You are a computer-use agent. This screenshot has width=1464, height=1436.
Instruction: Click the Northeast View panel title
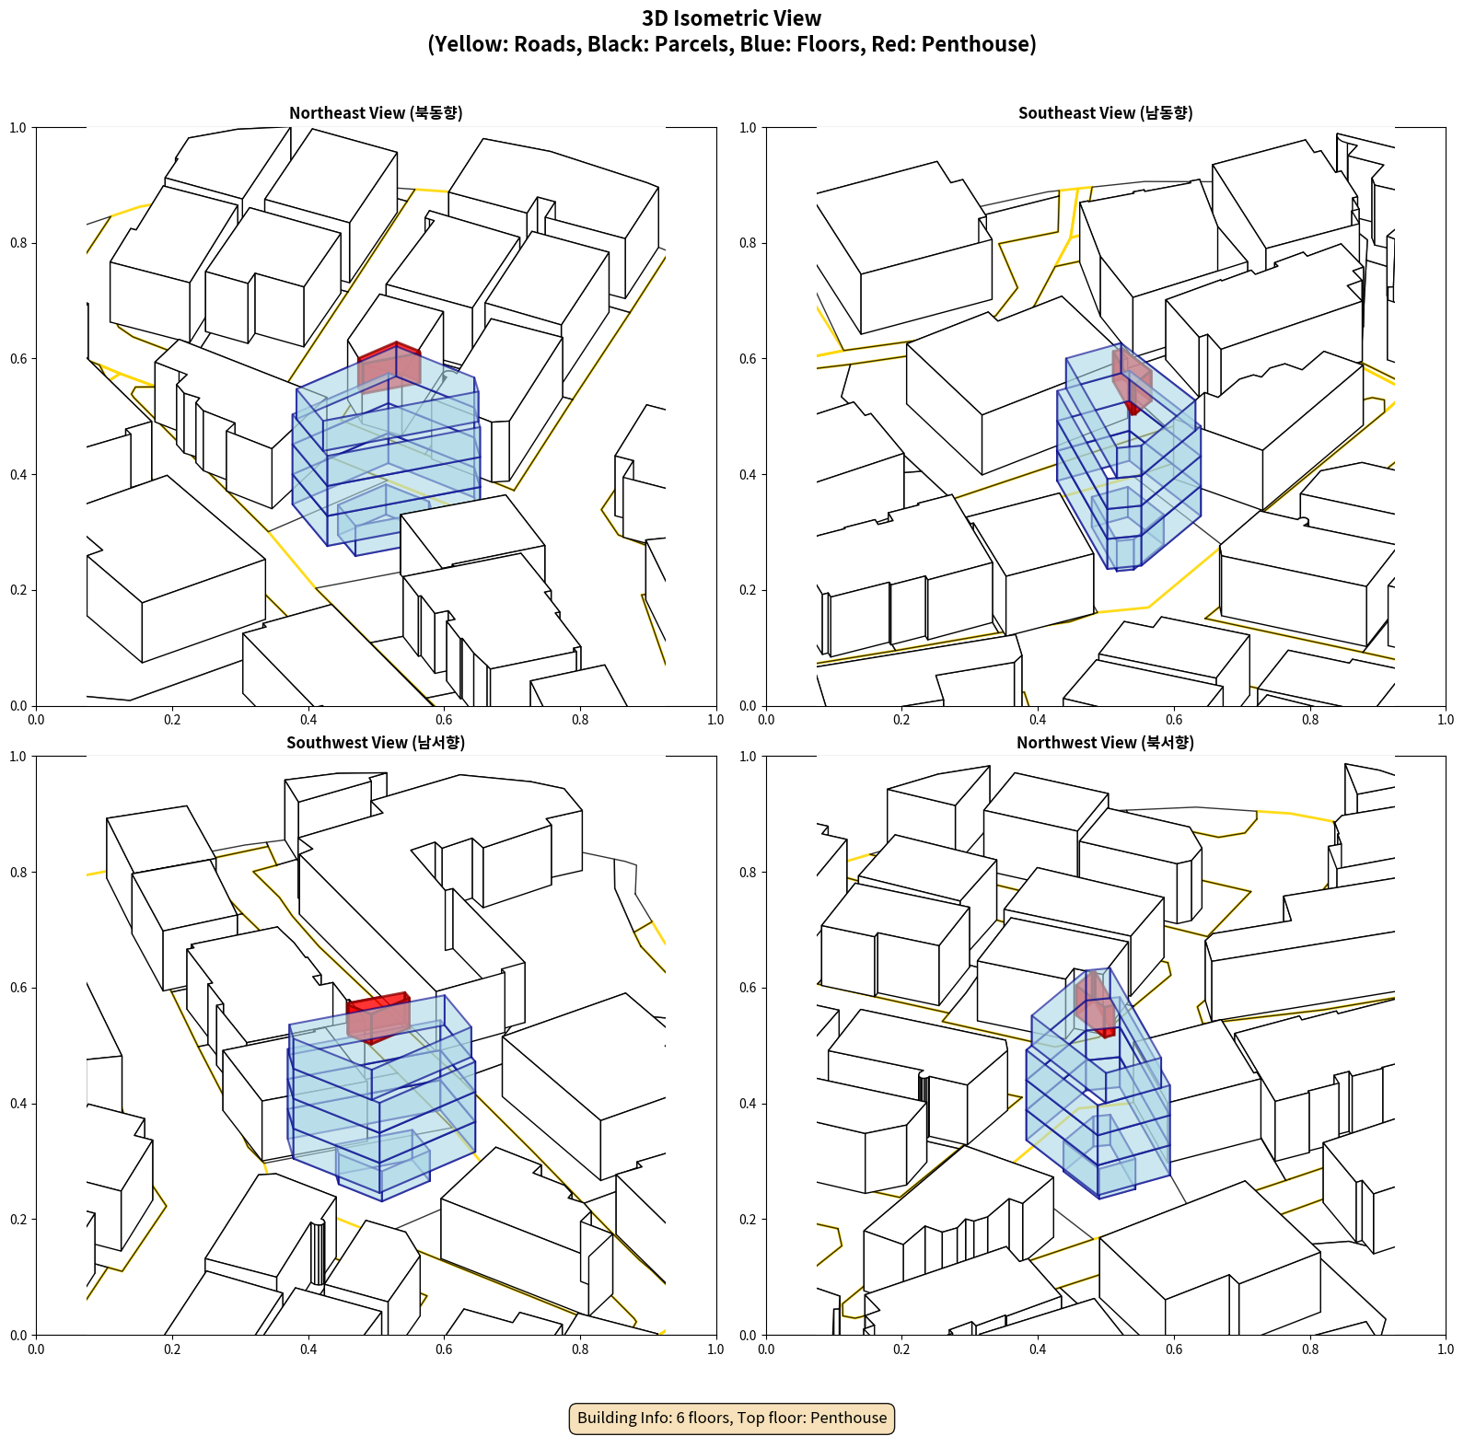tap(376, 113)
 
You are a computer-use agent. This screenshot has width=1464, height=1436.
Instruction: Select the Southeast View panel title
tap(1105, 113)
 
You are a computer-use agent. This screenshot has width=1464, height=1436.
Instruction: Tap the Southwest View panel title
tap(376, 743)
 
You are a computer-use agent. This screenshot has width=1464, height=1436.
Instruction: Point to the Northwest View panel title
tap(1105, 743)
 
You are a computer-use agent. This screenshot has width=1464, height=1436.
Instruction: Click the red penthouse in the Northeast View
tap(389, 367)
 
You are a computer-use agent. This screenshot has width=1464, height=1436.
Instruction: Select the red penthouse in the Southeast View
tap(1133, 380)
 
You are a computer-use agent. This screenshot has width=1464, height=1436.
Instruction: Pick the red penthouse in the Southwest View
tap(378, 1016)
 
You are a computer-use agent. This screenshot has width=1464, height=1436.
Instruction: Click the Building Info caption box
tap(732, 1418)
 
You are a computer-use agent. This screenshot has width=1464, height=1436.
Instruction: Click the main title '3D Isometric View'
tap(732, 18)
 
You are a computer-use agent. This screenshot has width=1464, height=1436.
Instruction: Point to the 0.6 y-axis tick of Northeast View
tap(18, 359)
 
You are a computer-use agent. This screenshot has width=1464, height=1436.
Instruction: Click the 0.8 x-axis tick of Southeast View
tap(1310, 720)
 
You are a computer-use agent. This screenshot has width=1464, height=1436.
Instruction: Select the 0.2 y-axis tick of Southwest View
tap(18, 1220)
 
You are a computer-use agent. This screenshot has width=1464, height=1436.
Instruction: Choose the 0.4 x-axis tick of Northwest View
tap(1038, 1349)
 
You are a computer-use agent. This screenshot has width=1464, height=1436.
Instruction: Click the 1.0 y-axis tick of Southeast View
tap(748, 128)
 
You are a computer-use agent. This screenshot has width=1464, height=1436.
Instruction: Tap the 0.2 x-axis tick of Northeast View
tap(172, 720)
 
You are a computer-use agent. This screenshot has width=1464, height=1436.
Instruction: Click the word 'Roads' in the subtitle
tap(545, 44)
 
